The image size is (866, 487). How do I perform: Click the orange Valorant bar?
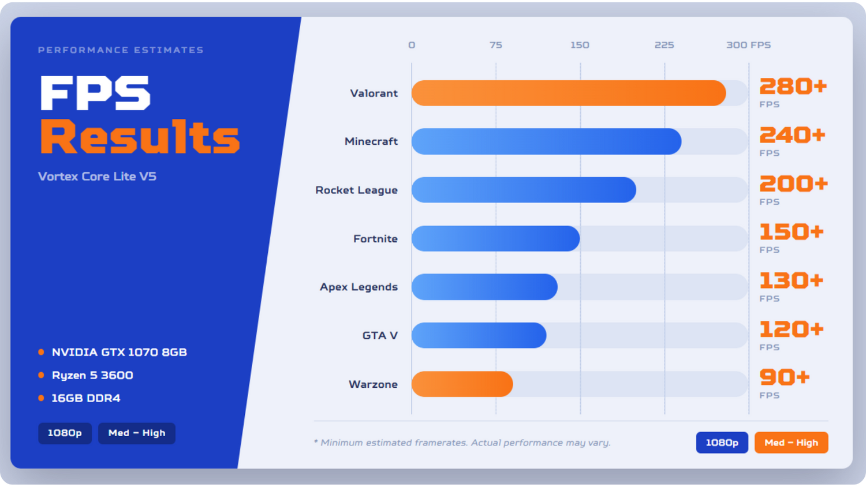[x=569, y=93]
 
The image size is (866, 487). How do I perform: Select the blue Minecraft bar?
[x=546, y=141]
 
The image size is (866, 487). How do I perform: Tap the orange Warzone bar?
[x=462, y=384]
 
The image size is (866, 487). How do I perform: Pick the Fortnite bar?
[x=495, y=238]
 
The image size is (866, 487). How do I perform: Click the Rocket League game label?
[x=356, y=190]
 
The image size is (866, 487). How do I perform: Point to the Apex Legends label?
[x=359, y=287]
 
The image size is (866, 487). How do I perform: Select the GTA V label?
[x=380, y=335]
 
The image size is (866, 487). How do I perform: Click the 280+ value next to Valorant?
[x=793, y=86]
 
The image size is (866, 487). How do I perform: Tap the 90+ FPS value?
[x=785, y=377]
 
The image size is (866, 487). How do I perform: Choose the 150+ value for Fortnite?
[x=792, y=232]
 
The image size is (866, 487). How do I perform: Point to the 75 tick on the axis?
[x=495, y=45]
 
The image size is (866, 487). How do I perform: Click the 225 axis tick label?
[x=664, y=45]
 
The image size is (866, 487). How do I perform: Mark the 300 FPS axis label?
[x=748, y=45]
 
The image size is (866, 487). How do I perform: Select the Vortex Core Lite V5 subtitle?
[x=97, y=177]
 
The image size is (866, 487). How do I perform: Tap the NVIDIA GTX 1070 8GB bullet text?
[x=119, y=352]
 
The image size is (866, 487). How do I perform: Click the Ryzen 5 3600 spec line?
[x=92, y=375]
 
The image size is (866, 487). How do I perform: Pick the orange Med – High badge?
[x=792, y=443]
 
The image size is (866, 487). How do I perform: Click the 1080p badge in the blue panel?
[x=65, y=433]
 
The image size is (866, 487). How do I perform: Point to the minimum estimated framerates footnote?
[x=462, y=443]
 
